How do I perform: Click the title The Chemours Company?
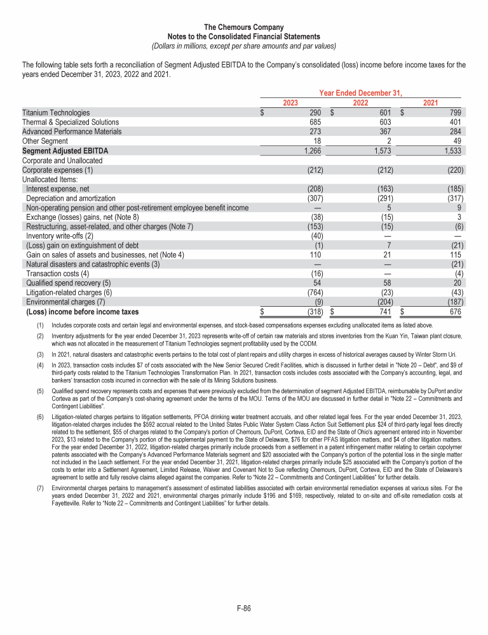pos(244,27)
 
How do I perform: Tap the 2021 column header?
pos(430,103)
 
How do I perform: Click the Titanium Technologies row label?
pos(56,112)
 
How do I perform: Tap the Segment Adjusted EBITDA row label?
pos(65,151)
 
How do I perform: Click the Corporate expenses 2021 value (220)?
pos(455,170)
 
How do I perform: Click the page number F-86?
pos(244,608)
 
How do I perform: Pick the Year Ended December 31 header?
pos(361,93)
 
